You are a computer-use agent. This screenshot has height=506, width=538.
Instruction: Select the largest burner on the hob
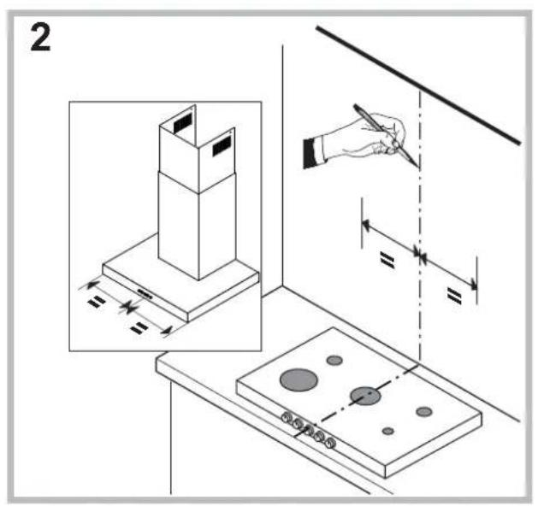coord(297,379)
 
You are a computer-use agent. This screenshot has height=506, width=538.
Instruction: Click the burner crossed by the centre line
coord(365,395)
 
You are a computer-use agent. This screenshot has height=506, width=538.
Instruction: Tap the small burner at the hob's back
coord(335,360)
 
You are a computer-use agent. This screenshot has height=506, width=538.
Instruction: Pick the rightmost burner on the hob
coord(423,412)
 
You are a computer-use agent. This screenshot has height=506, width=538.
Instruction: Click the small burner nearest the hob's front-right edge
coord(388,431)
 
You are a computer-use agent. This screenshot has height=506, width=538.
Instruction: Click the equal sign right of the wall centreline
coord(453,295)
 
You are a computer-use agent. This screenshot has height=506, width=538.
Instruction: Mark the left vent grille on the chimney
coord(182,124)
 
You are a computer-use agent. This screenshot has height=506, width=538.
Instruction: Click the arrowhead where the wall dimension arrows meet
coord(419,252)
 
